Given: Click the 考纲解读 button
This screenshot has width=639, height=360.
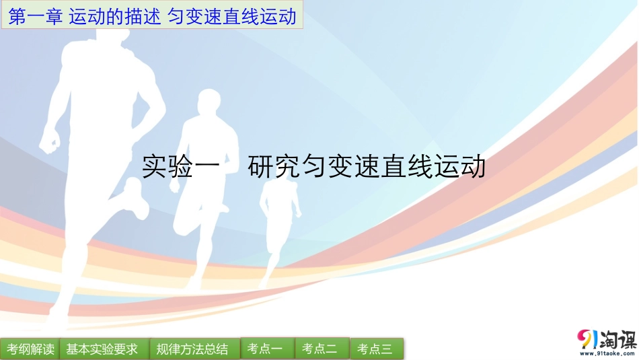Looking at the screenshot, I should (30, 349).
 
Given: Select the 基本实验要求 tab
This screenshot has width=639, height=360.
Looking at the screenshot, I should (102, 349).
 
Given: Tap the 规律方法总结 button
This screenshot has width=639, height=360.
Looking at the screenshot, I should (192, 349).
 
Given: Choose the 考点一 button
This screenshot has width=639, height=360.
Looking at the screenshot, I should (267, 349).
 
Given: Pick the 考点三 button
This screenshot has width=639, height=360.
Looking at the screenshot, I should (377, 349).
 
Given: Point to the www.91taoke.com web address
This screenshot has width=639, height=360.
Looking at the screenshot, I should (606, 353).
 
